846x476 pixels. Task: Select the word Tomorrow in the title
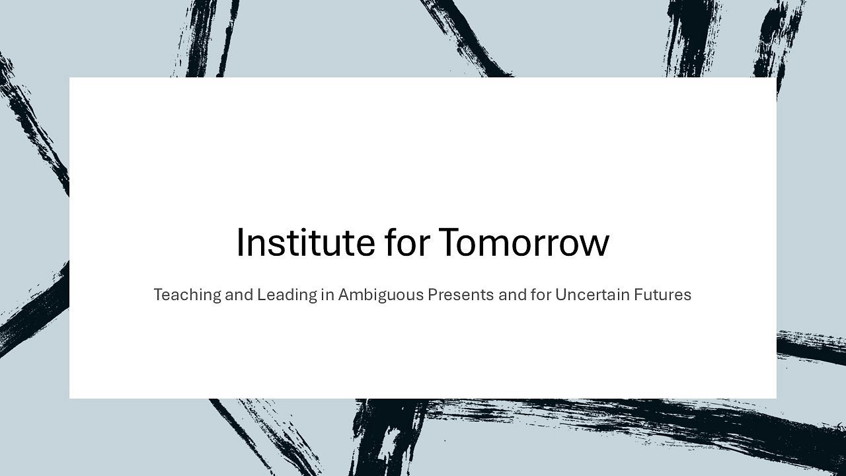click(x=523, y=242)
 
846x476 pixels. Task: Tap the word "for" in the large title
click(x=407, y=242)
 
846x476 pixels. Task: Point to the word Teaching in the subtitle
click(x=186, y=295)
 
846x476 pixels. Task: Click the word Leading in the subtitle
click(x=287, y=295)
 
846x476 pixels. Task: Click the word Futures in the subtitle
click(x=662, y=295)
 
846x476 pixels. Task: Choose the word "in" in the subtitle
click(x=327, y=295)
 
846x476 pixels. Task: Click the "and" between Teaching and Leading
click(x=239, y=295)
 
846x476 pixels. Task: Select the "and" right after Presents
click(x=512, y=295)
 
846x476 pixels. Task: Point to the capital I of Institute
click(x=239, y=242)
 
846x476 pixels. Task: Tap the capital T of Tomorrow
click(x=451, y=242)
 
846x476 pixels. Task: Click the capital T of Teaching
click(x=158, y=295)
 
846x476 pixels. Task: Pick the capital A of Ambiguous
click(x=344, y=295)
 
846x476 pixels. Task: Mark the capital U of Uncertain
click(x=560, y=295)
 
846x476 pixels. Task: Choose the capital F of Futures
click(x=637, y=295)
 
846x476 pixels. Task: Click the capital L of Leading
click(x=260, y=295)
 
